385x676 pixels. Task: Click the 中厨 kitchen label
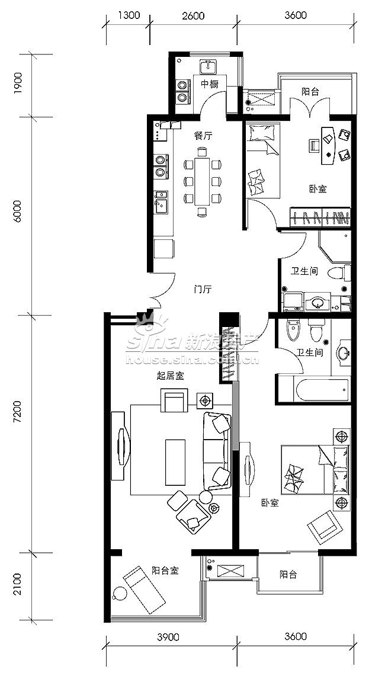click(209, 84)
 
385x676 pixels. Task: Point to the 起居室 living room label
click(171, 376)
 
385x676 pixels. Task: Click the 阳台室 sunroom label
click(165, 571)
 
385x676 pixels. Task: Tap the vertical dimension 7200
click(17, 419)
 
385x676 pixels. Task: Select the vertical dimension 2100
click(17, 584)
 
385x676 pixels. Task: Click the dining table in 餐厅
click(202, 181)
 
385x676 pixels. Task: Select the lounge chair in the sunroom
click(144, 590)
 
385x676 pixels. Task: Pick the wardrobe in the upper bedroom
click(319, 217)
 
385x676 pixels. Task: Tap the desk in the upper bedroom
click(328, 145)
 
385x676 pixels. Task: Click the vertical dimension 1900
click(17, 86)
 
